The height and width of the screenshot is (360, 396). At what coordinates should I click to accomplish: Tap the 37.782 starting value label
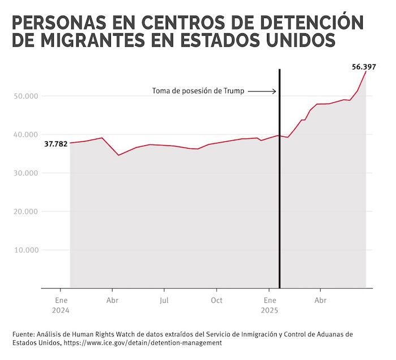[56, 144]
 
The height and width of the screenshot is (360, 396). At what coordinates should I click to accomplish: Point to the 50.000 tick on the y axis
[24, 96]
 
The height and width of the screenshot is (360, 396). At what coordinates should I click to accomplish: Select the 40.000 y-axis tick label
[24, 135]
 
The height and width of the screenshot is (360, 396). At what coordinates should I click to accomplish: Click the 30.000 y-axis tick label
[24, 173]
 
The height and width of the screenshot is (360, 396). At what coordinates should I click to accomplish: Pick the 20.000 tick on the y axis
[24, 211]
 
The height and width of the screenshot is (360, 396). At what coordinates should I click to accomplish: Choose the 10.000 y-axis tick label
[24, 250]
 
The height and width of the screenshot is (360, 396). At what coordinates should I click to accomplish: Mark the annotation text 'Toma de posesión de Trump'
[198, 91]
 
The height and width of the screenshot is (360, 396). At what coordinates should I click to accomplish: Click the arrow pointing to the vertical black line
[262, 91]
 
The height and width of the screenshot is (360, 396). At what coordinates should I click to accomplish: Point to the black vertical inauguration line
[280, 181]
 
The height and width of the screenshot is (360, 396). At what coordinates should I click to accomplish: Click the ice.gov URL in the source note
[141, 343]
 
